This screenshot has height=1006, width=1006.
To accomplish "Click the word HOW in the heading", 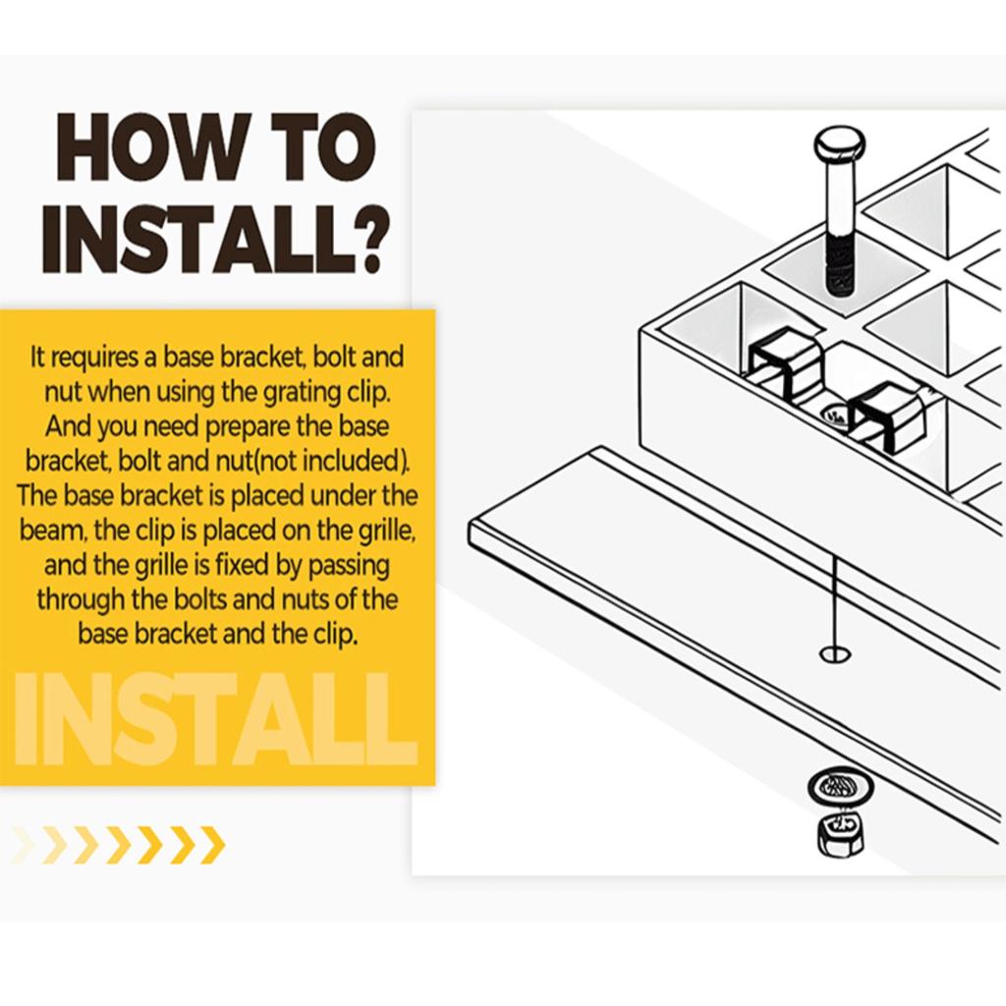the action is pyautogui.click(x=151, y=148).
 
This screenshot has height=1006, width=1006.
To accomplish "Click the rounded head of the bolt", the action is pyautogui.click(x=839, y=145).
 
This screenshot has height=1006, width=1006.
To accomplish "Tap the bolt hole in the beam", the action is pyautogui.click(x=835, y=653).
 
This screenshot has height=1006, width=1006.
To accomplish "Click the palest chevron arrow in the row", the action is pyautogui.click(x=24, y=845).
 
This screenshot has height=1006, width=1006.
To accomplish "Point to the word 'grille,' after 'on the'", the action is pyautogui.click(x=385, y=531).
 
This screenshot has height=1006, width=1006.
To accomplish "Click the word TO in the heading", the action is pyautogui.click(x=324, y=148).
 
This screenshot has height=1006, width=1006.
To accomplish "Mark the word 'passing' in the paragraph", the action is pyautogui.click(x=349, y=566).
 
